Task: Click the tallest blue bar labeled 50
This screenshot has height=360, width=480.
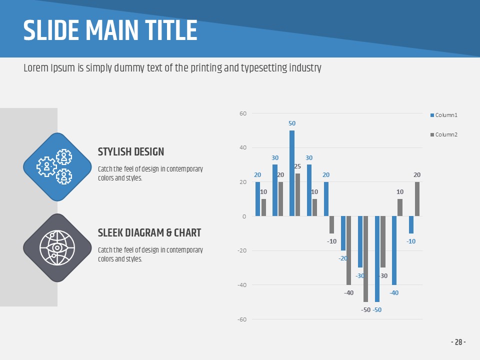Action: (x=292, y=173)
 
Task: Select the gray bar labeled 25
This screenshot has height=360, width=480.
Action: (x=298, y=194)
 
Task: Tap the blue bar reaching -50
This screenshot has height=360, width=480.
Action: (x=377, y=258)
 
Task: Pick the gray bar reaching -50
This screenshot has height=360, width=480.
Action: (x=366, y=258)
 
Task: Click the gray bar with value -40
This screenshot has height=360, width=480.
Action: (x=349, y=250)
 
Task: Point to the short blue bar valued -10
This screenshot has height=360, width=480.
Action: (x=411, y=224)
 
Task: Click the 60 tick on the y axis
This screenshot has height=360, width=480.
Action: (x=243, y=113)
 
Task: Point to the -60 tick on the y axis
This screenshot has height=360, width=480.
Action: (x=242, y=319)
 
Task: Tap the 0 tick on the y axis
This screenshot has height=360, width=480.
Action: (x=244, y=216)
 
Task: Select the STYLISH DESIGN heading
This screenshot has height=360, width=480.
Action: (x=131, y=152)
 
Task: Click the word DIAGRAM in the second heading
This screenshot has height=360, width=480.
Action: (x=145, y=232)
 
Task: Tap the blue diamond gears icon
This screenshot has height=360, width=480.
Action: (x=57, y=166)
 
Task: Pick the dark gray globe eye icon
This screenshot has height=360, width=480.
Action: (x=57, y=247)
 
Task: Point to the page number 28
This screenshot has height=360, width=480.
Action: (x=458, y=342)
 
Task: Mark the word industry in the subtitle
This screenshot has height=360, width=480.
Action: (x=305, y=68)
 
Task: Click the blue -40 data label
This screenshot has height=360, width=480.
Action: (x=394, y=293)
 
